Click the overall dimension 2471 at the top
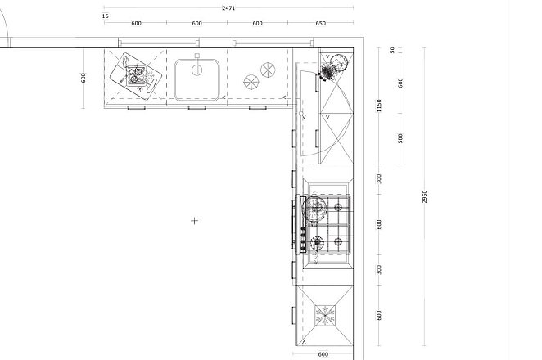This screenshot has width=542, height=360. point(228,7)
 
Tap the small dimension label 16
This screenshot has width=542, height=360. point(106,16)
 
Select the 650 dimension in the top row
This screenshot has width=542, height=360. point(320,23)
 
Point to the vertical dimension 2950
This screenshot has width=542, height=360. point(424,196)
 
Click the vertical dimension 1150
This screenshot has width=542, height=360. point(379,106)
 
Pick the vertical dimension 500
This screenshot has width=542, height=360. point(400,138)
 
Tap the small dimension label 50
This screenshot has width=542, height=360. point(391,50)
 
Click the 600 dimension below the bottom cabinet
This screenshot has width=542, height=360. point(323,354)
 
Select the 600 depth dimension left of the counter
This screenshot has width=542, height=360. point(83,78)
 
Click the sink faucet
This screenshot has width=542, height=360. point(197,65)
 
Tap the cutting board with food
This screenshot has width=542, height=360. point(136,76)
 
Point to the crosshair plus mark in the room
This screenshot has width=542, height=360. point(195,221)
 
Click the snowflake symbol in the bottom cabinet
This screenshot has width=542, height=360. point(325,315)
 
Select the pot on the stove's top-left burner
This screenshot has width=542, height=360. point(314,208)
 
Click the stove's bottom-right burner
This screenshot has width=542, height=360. point(338,242)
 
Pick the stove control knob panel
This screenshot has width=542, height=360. point(303,224)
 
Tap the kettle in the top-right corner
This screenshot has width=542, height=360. point(334,66)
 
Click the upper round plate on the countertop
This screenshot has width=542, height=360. point(268,70)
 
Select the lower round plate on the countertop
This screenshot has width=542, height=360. point(251,82)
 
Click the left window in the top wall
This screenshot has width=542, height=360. point(159,43)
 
